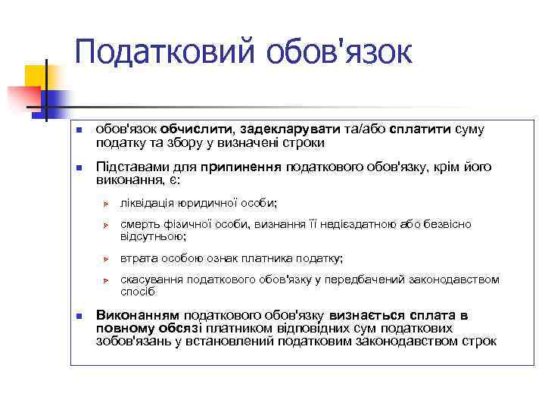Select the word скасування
151,279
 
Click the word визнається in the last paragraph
360,315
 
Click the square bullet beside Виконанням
79,316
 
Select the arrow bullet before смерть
107,226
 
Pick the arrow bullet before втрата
107,258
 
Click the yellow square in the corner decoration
35,76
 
